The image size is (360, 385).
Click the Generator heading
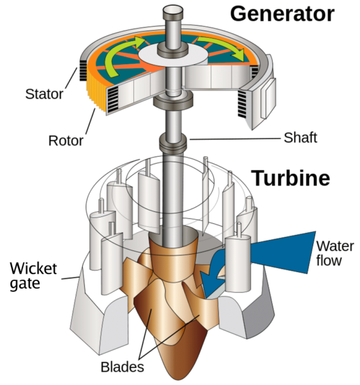tap(282, 13)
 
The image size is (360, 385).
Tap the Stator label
tap(44, 95)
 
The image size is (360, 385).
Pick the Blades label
tap(122, 367)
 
